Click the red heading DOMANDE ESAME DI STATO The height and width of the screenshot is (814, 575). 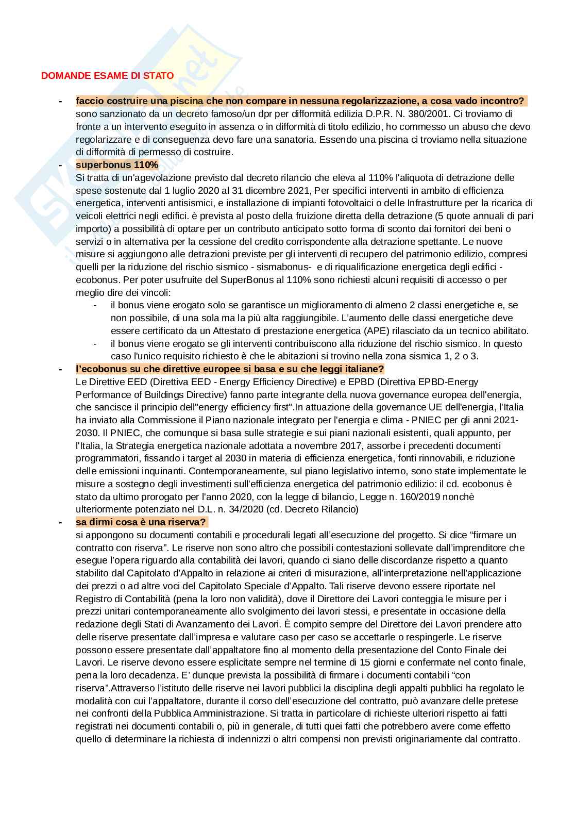[x=107, y=75]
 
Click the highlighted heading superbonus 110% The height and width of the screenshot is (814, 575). [x=117, y=165]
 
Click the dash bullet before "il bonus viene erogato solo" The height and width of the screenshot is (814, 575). [x=95, y=305]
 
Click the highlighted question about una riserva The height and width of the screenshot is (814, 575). [x=141, y=522]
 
